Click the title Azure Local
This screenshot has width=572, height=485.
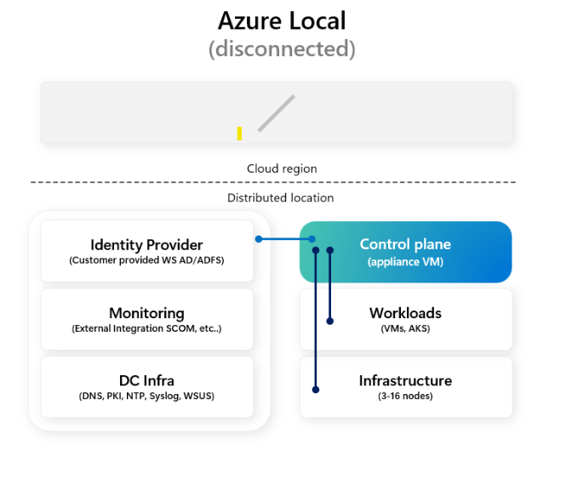(282, 20)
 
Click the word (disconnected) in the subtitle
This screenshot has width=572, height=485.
(282, 48)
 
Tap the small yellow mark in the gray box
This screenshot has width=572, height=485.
(239, 134)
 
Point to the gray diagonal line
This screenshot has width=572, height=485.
(276, 113)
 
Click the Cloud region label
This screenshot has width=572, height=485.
(282, 168)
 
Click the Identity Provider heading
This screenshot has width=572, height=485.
(146, 245)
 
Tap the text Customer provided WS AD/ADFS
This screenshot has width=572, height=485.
(146, 260)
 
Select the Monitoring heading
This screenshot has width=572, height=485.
(146, 313)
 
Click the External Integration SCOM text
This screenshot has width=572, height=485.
(146, 328)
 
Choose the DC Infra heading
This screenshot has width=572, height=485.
(146, 380)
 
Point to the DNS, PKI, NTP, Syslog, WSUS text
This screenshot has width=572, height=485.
(146, 396)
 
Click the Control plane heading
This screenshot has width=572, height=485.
(405, 244)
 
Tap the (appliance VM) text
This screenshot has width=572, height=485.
(405, 262)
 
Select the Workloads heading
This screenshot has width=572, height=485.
(405, 313)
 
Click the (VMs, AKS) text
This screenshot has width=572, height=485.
(405, 328)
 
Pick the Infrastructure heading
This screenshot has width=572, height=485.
(405, 380)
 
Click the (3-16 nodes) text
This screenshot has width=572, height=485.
(405, 396)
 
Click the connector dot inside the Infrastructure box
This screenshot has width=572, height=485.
(316, 390)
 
